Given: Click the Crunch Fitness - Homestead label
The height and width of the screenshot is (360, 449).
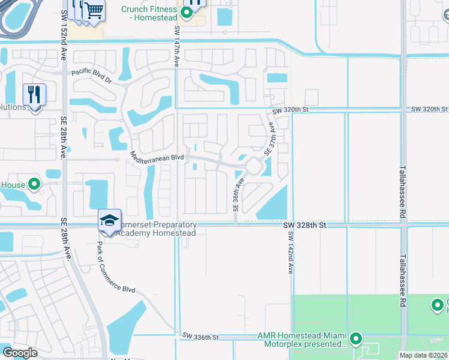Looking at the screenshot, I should (x=149, y=13).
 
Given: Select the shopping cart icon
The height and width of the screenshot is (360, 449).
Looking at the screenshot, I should (x=93, y=10).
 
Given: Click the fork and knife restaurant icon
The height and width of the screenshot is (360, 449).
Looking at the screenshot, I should (x=34, y=95).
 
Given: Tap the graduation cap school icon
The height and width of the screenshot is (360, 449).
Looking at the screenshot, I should (x=110, y=221).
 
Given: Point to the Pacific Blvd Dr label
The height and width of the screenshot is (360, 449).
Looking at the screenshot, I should (x=92, y=77).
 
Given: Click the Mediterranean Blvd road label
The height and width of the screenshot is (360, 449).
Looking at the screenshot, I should (x=157, y=156).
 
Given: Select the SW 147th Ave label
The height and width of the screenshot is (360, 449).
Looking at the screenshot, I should (x=177, y=46).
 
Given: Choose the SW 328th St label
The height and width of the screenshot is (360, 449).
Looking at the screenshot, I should (x=304, y=225).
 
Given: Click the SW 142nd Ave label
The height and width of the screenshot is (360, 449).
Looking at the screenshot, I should (x=290, y=252).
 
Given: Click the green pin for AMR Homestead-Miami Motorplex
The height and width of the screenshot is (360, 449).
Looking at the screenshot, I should (x=356, y=339).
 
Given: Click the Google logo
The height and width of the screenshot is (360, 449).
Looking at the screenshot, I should (x=20, y=353).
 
